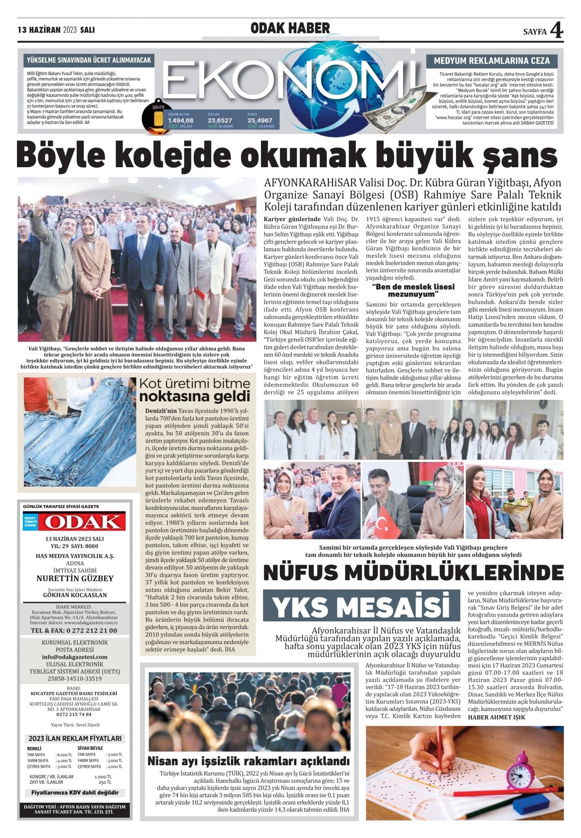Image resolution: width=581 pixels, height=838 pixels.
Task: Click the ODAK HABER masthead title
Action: (x=290, y=29)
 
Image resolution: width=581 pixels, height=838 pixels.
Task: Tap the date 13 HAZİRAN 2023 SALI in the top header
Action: (x=56, y=30)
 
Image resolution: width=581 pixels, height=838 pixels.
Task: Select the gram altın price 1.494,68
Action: (x=181, y=120)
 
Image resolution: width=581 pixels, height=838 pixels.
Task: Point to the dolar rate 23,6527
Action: (x=220, y=120)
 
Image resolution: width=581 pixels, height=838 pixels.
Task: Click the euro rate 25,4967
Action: (x=260, y=120)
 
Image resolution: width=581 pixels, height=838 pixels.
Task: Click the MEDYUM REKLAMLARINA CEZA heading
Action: (x=491, y=61)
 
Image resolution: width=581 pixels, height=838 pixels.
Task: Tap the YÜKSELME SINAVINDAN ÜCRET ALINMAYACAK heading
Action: (x=89, y=61)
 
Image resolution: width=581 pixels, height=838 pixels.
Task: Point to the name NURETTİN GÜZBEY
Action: (x=75, y=578)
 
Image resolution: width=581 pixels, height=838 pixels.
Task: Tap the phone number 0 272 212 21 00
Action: (x=74, y=631)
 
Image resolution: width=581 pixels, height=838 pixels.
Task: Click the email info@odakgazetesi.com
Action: (x=75, y=657)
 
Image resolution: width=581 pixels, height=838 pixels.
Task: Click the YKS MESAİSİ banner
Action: (x=361, y=606)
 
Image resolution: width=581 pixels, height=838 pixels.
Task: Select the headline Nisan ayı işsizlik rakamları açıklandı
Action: (x=248, y=760)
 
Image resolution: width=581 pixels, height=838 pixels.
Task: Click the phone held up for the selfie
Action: (x=55, y=200)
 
